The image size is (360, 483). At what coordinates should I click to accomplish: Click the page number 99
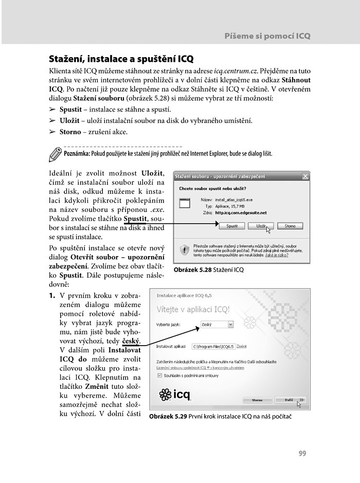[302, 453]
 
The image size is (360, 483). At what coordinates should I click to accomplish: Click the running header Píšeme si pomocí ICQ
[267, 37]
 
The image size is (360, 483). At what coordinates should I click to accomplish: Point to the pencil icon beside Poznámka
[55, 153]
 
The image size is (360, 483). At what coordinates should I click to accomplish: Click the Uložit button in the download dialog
[258, 226]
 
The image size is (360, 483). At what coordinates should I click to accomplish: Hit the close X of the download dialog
[305, 176]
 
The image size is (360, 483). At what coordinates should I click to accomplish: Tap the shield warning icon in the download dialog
[184, 251]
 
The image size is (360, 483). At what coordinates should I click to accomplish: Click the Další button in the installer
[290, 399]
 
